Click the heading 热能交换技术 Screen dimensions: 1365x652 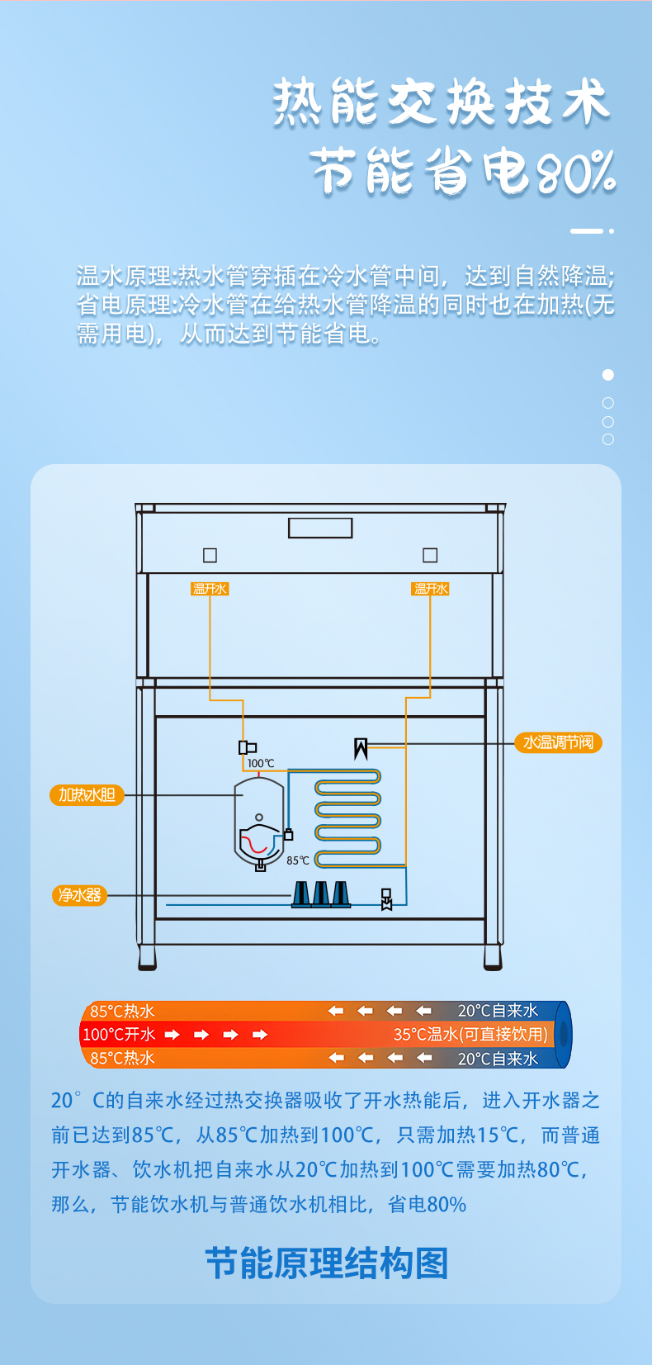pos(442,102)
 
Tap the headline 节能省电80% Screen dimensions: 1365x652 pos(463,171)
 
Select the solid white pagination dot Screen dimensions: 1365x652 pos(608,375)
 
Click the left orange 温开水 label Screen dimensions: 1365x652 pos(210,589)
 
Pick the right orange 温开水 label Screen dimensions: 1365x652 pos(431,589)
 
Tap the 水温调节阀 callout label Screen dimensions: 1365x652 pos(558,742)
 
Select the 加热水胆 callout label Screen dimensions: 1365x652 pos(87,795)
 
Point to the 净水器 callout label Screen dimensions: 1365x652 pos(80,895)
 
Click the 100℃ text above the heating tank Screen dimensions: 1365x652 pos(261,764)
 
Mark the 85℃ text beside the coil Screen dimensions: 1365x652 pos(298,860)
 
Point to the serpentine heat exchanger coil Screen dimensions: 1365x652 pos(347,818)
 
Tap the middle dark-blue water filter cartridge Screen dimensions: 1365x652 pos(321,894)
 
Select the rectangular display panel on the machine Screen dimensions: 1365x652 pos(320,528)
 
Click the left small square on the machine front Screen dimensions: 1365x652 pos(210,555)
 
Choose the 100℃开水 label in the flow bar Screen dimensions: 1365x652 pos(119,1034)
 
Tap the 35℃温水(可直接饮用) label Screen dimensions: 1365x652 pos(470,1034)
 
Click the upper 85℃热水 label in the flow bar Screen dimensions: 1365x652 pos(122,1011)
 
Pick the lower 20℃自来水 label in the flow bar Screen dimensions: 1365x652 pos(498,1058)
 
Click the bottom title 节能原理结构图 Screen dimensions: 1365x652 pos(326,1263)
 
